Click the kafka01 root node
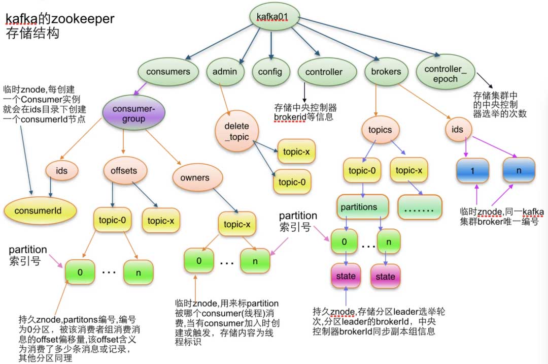point(273,18)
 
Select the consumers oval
point(168,72)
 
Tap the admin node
point(224,72)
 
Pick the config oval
point(270,72)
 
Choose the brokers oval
point(386,72)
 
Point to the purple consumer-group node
point(132,114)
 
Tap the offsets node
point(124,171)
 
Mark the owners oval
point(195,177)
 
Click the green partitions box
point(362,207)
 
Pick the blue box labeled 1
point(472,171)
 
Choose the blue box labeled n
point(519,171)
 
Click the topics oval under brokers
point(380,130)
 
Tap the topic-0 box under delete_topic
point(292,181)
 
